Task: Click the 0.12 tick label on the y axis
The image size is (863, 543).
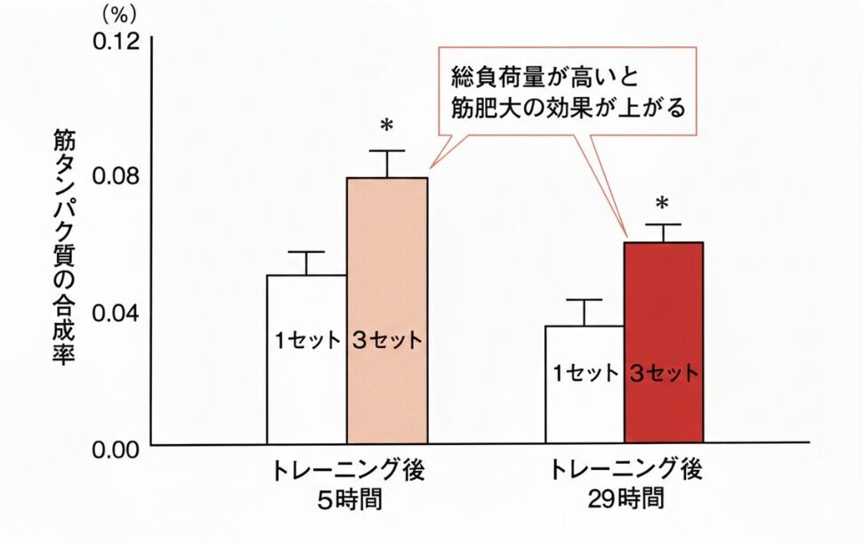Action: tap(117, 41)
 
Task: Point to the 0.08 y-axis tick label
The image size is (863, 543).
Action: tap(117, 176)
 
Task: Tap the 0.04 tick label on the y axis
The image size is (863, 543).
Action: tap(117, 312)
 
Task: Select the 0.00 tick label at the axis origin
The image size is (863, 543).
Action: tap(117, 448)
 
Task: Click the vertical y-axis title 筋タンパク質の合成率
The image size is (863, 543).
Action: tap(67, 245)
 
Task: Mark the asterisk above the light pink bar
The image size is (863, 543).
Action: tap(386, 126)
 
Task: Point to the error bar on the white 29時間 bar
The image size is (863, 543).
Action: tap(585, 312)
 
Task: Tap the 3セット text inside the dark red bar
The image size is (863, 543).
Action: tap(664, 373)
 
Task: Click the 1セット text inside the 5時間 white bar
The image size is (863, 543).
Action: tap(306, 340)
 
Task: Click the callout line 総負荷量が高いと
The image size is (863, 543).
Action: tap(548, 76)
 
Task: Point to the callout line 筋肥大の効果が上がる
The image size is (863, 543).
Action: tap(567, 109)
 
